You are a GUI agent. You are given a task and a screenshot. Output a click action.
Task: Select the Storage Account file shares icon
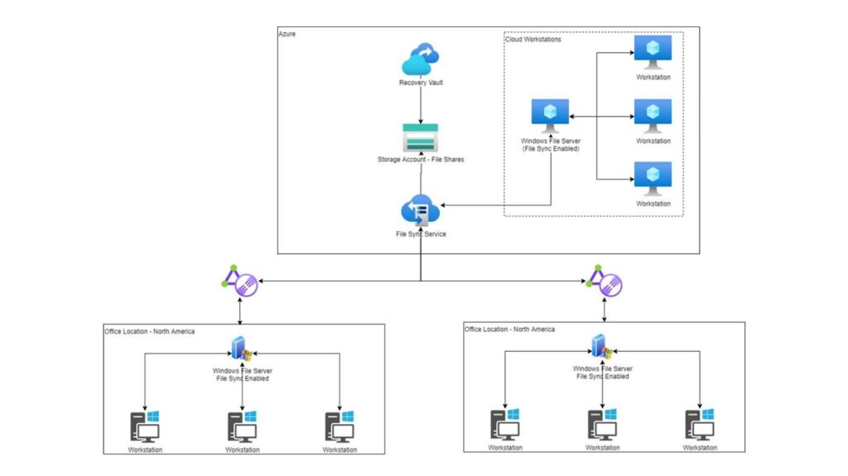(420, 137)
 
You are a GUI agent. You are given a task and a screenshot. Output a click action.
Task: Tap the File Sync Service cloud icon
(420, 210)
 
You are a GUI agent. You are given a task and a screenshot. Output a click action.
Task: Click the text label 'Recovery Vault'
(421, 83)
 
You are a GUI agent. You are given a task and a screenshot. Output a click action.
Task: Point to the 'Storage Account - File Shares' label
(421, 159)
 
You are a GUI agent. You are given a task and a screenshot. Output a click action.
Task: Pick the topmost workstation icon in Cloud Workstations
(653, 52)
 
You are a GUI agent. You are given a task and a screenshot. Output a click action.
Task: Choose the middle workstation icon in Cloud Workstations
(653, 115)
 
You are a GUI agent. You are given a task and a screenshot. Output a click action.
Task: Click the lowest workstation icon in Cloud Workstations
(653, 178)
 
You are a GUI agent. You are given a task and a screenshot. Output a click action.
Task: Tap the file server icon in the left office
(241, 349)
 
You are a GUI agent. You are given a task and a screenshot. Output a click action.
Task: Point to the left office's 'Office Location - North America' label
(150, 331)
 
